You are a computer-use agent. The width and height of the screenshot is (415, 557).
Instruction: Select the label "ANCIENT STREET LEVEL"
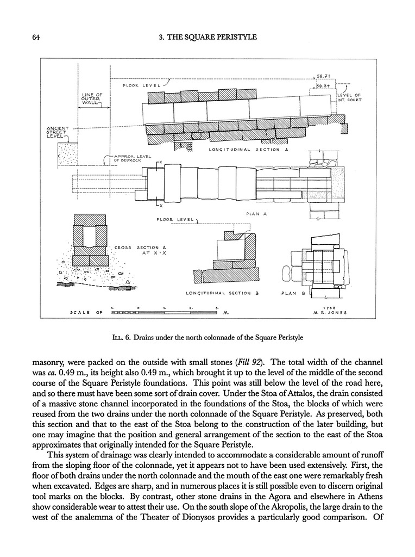pyautogui.click(x=58, y=132)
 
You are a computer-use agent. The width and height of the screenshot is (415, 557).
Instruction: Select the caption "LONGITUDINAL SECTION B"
pyautogui.click(x=221, y=293)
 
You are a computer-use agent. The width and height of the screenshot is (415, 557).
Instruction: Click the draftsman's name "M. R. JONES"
pyautogui.click(x=331, y=313)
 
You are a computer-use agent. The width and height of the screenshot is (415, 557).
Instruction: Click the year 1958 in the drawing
pyautogui.click(x=330, y=307)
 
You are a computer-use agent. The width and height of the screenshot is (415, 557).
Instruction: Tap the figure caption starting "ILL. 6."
pyautogui.click(x=207, y=337)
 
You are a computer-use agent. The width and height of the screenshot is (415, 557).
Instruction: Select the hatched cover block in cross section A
pyautogui.click(x=90, y=219)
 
